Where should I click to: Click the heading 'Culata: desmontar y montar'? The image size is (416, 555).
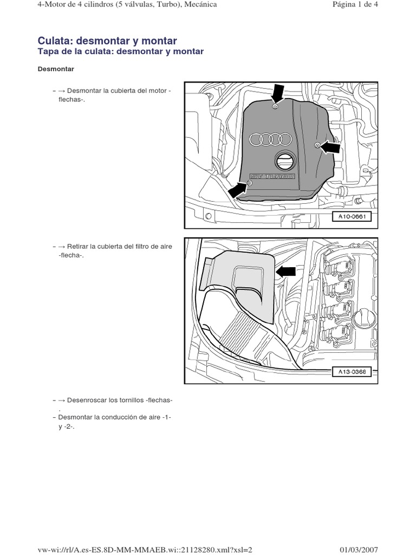click(107, 41)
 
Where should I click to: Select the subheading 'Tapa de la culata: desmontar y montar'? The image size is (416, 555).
click(120, 51)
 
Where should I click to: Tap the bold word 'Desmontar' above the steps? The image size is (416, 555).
click(56, 69)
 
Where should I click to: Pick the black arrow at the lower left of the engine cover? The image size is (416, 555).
click(237, 190)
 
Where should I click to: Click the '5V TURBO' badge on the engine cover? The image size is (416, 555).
click(272, 176)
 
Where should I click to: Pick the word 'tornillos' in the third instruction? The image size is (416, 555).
click(130, 400)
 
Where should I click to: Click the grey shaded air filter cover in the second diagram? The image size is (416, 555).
click(238, 276)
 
